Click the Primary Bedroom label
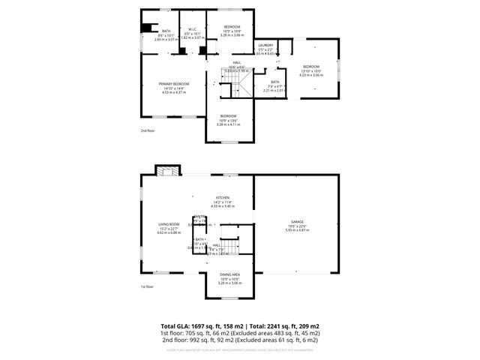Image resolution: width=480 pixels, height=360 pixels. coord(173,83)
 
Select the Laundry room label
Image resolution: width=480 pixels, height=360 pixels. coord(265,45)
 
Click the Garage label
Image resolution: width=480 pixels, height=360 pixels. coord(297,222)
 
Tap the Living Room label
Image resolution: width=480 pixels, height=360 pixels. coord(168,223)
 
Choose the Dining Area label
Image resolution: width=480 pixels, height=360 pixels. coord(230,275)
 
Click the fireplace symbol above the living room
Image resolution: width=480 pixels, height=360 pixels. coord(166,169)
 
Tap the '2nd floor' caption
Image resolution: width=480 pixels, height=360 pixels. coord(148,130)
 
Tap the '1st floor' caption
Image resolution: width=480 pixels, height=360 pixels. coord(147,286)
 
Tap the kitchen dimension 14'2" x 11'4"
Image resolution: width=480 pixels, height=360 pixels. coord(222,202)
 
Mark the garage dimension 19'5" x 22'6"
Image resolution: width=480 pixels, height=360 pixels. coord(297,226)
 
